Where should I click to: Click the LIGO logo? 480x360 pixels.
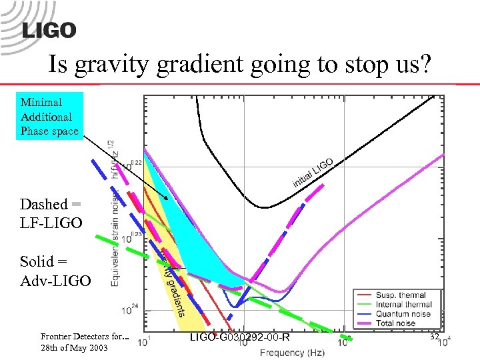point(49,30)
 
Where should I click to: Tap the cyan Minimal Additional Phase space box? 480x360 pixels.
point(51,116)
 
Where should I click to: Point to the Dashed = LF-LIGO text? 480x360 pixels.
point(51,213)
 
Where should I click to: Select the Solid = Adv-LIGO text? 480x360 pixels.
point(55,271)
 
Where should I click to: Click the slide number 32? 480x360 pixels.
point(434,337)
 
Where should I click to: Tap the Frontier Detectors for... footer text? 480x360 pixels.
point(83,337)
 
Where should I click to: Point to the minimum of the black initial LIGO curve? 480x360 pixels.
point(264,207)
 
